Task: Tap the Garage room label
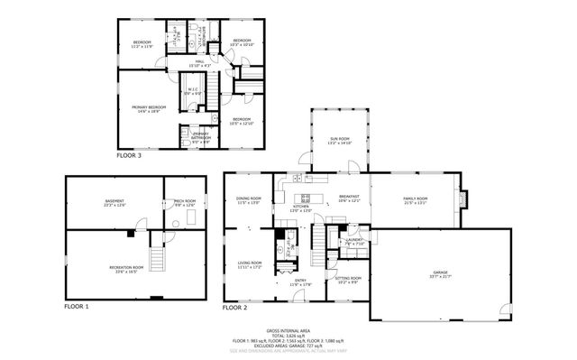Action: tap(441, 273)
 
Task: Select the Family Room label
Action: tap(416, 199)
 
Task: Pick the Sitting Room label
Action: tap(349, 279)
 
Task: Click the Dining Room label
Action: tap(249, 199)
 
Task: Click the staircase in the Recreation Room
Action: tap(160, 260)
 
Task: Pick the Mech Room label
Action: tap(185, 202)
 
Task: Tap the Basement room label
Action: tap(114, 202)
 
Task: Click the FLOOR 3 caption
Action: tap(128, 156)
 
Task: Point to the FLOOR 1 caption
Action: tap(77, 307)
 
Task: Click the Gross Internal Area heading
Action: tap(288, 332)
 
